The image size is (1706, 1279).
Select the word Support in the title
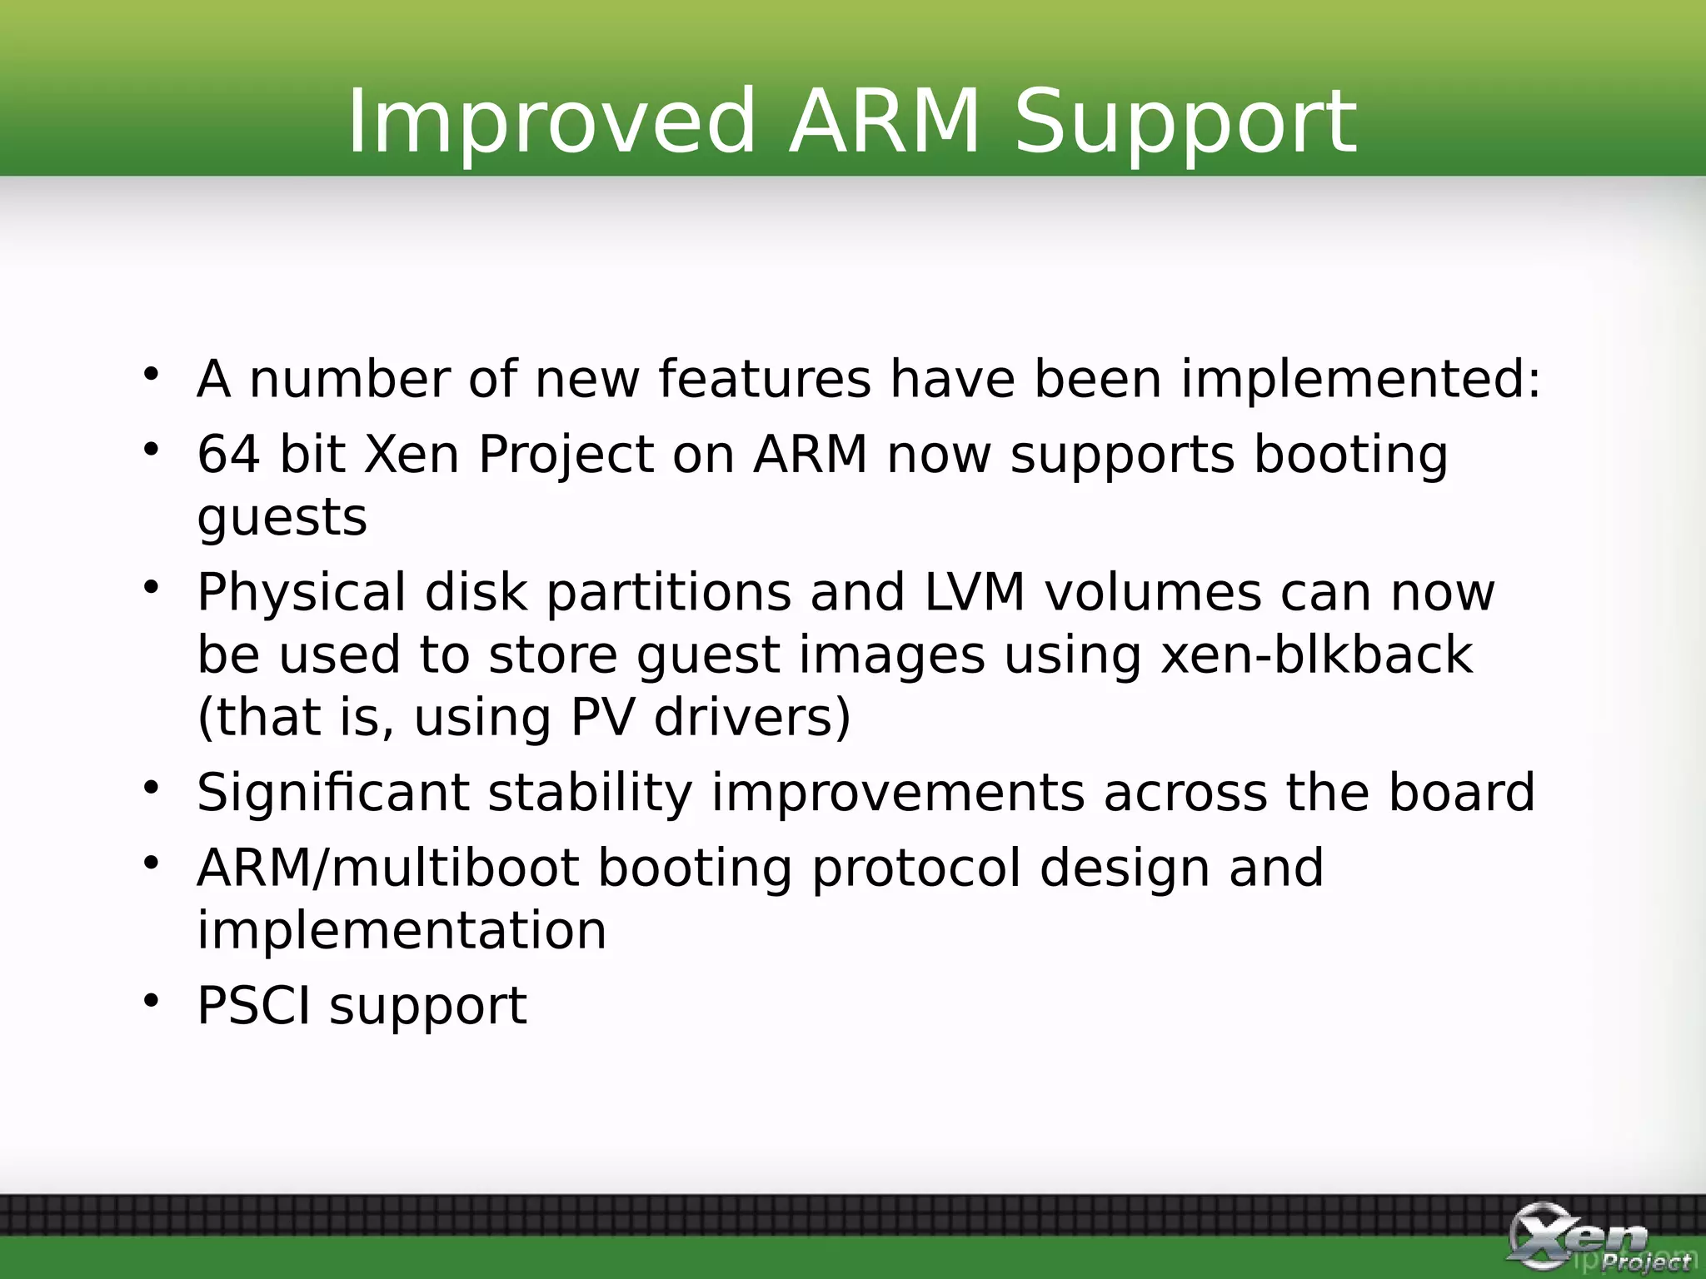[1185, 122]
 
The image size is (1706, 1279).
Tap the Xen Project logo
[1595, 1237]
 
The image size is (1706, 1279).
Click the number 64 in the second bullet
[228, 455]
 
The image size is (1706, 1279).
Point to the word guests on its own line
[282, 518]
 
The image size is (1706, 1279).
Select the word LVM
[974, 593]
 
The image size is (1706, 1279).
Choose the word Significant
[332, 792]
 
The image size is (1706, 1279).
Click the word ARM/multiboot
[387, 868]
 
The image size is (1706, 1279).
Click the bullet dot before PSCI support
[151, 999]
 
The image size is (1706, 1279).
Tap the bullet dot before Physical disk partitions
[151, 587]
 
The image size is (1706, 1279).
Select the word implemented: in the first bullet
[1361, 380]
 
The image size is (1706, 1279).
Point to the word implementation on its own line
[402, 930]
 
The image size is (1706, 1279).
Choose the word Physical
[302, 593]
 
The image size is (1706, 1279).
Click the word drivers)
[752, 717]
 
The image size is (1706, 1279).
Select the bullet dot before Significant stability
[151, 786]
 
